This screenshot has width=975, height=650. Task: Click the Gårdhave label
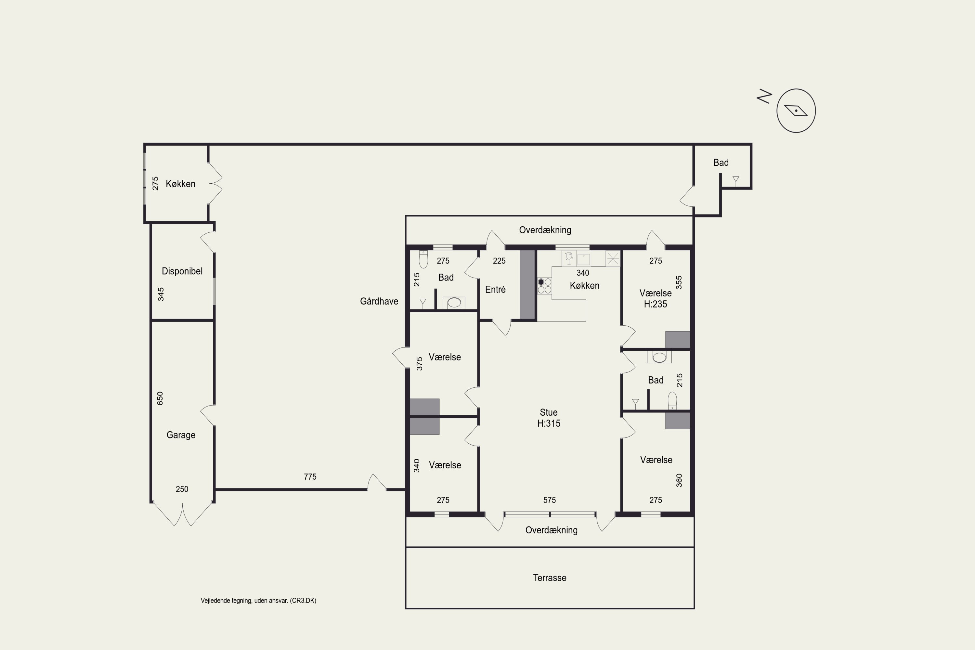click(379, 301)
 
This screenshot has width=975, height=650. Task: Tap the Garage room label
click(181, 435)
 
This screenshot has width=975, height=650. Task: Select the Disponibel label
click(182, 271)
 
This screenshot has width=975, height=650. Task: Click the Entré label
click(495, 289)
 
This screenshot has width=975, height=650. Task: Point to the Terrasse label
click(550, 578)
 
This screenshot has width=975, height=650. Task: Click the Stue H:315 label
click(549, 418)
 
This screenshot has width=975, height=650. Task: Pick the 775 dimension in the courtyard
click(310, 477)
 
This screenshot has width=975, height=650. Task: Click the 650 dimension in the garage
click(160, 398)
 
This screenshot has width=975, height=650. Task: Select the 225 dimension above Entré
click(499, 261)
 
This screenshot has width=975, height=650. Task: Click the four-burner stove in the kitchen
click(544, 286)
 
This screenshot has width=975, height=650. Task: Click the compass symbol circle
click(796, 111)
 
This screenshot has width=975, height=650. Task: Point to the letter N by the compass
click(764, 96)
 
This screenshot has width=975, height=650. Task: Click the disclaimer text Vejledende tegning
click(258, 600)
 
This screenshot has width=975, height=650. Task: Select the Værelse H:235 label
click(656, 298)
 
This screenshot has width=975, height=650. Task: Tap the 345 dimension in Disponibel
click(161, 294)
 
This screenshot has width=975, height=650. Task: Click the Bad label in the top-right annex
click(721, 162)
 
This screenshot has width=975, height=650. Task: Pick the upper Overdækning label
click(545, 230)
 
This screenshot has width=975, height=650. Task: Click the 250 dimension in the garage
click(182, 489)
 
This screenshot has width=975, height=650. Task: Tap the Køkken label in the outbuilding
click(180, 184)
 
